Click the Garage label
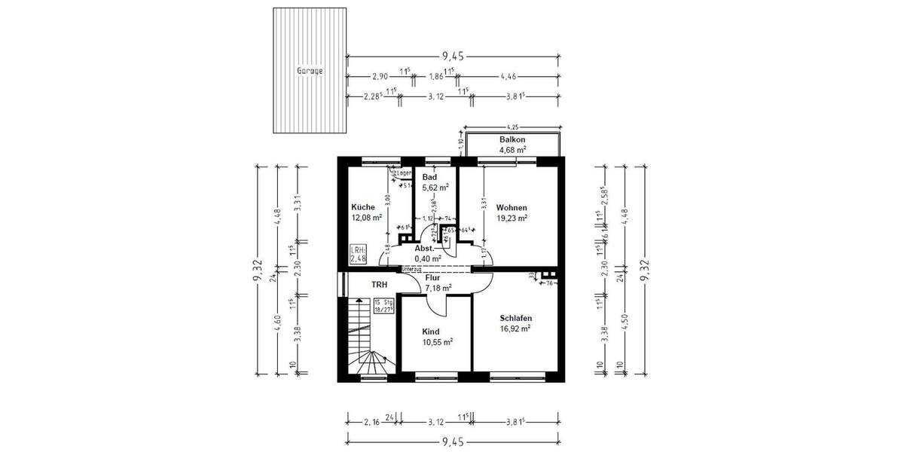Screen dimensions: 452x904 [309, 71]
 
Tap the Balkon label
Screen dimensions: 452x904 [512, 140]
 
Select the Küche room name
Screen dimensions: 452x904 [363, 207]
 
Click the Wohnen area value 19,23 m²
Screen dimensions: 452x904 [512, 218]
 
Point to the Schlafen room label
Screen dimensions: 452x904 [515, 318]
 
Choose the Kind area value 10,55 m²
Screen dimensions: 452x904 [437, 341]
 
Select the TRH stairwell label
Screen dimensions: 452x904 [379, 286]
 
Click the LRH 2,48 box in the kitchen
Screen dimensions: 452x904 [359, 255]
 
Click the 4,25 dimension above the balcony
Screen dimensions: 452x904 [512, 127]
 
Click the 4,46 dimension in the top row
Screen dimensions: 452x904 [509, 76]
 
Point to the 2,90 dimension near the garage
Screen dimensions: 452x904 [381, 76]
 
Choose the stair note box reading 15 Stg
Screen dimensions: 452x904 [383, 305]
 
